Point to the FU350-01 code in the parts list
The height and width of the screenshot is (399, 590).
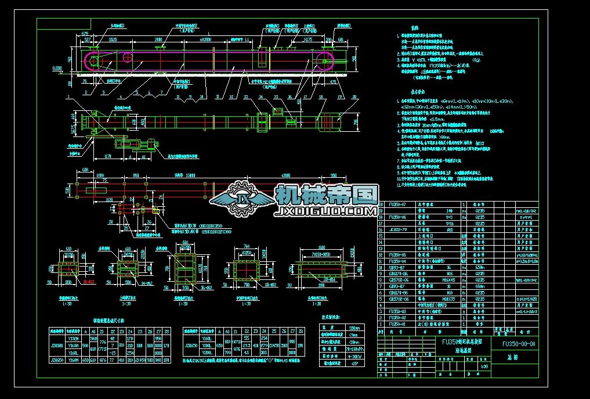(396, 324)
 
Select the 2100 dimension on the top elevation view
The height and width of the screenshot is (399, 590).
(158, 39)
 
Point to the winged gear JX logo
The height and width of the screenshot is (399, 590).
(241, 199)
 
